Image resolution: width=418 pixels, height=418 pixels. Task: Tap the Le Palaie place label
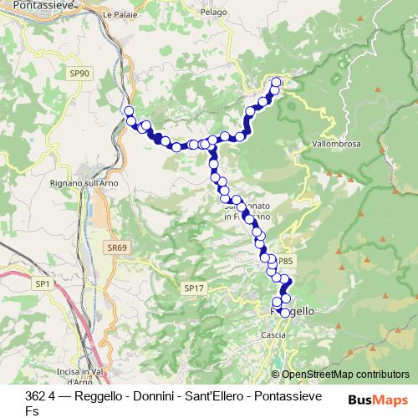[119, 15]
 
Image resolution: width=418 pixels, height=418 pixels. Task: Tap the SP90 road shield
[80, 74]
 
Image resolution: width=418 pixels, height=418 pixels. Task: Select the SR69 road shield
[117, 247]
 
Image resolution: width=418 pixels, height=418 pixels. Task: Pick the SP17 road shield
[192, 288]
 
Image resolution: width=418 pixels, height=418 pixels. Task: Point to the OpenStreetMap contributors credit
[345, 375]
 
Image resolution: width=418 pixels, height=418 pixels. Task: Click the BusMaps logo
[377, 400]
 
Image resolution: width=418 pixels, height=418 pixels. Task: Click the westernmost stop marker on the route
[129, 110]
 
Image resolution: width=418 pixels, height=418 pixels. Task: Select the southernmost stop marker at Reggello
[285, 313]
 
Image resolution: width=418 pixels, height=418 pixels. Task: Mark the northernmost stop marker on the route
[277, 82]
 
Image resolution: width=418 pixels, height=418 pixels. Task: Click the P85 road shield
[285, 260]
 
